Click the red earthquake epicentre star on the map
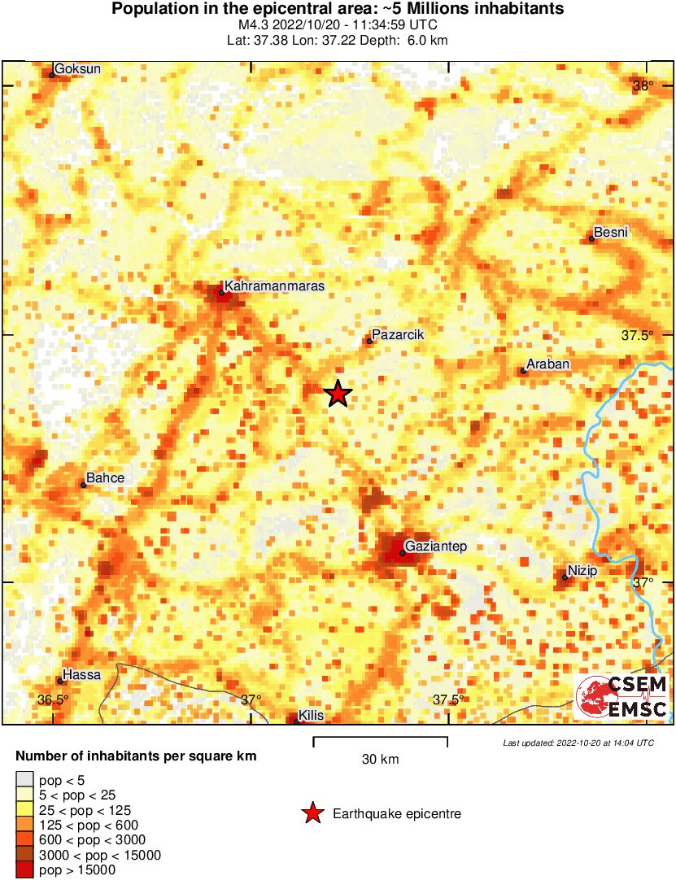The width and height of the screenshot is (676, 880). tap(338, 394)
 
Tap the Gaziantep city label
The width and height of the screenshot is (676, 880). tap(435, 547)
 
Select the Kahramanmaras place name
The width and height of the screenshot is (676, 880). tap(274, 286)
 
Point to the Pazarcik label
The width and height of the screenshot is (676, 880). tap(398, 334)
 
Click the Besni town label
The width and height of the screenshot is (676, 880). tap(612, 233)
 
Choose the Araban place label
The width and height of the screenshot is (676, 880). tap(548, 364)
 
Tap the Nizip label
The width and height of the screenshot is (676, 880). tap(582, 571)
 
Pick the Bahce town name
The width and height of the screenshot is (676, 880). tap(106, 478)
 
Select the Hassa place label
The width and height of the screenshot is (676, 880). tap(81, 674)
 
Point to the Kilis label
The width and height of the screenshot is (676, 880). tap(312, 715)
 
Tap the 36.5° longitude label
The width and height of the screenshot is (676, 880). tap(54, 699)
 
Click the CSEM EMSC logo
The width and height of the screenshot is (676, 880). tap(621, 697)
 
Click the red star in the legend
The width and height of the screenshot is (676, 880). tap(312, 813)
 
